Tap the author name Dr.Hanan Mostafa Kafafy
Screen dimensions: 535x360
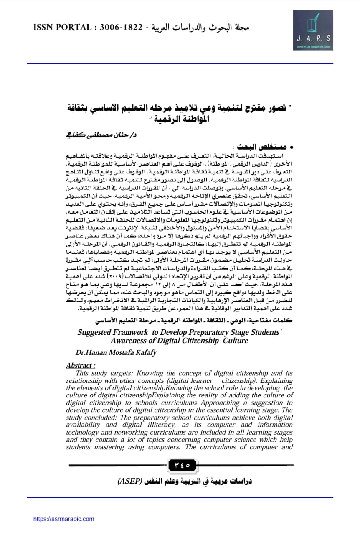click(116, 353)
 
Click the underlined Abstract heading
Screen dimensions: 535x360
click(81, 365)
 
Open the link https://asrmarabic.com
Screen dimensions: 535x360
click(63, 519)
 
